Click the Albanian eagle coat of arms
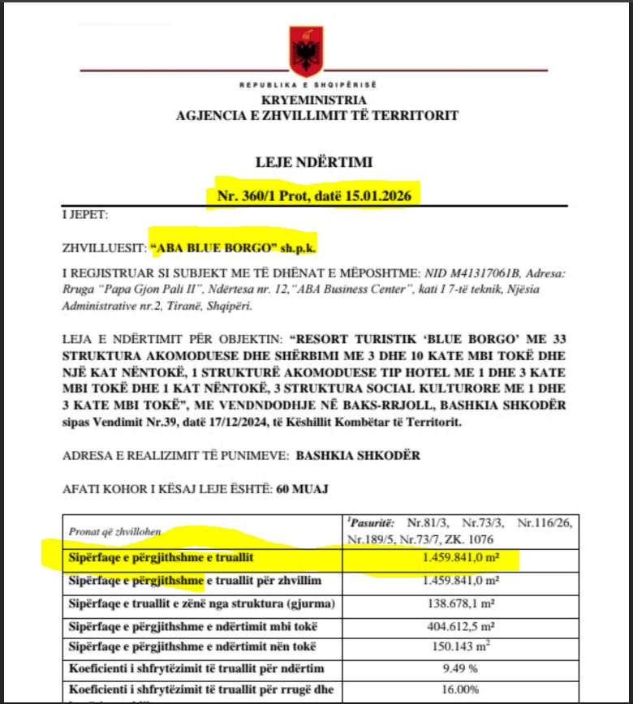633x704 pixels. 307,51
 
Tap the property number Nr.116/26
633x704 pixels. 545,523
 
